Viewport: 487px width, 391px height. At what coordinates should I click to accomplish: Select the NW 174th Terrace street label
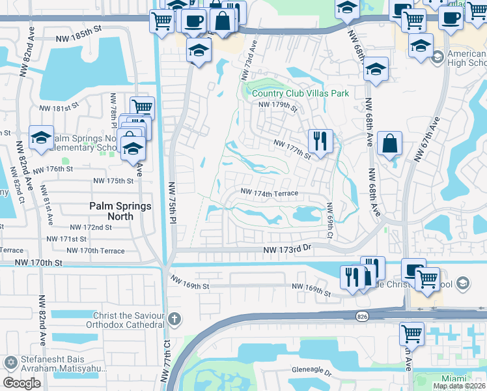pos(269,193)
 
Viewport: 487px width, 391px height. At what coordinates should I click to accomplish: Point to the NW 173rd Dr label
pos(288,250)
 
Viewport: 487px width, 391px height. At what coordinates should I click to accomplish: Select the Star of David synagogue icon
pos(10,362)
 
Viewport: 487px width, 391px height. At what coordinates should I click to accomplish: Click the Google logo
pos(21,383)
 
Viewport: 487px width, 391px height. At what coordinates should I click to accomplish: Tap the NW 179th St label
pos(278,106)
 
